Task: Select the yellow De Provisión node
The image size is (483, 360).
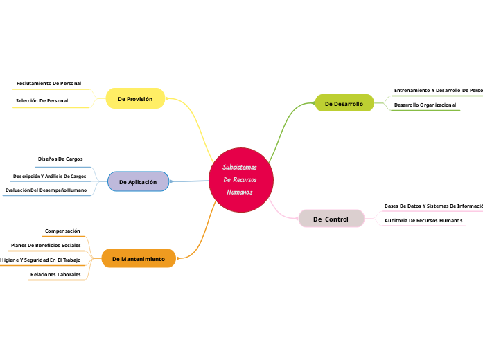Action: [135, 99]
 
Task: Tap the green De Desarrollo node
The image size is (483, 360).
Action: [344, 104]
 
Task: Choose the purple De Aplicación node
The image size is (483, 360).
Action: [138, 181]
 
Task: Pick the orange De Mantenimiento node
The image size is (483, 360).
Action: [138, 259]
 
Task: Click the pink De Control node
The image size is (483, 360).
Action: [331, 219]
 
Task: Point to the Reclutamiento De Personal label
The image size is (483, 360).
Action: [49, 84]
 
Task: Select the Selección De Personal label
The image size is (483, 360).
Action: [42, 101]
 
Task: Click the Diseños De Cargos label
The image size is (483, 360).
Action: [60, 159]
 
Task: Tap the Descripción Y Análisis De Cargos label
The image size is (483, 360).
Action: [50, 177]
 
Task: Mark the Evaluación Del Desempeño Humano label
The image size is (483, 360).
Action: [46, 190]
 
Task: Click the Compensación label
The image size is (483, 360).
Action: [62, 231]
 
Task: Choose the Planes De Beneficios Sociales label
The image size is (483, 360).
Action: [46, 246]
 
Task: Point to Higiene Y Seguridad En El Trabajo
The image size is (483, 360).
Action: [40, 260]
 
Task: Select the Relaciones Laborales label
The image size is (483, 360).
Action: [55, 275]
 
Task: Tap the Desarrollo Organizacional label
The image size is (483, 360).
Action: [425, 105]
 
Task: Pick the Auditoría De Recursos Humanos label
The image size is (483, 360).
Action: [423, 221]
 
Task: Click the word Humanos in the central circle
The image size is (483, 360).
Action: [240, 192]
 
